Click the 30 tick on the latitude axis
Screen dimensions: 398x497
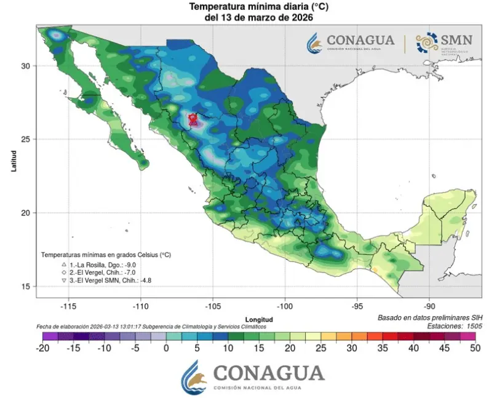pos(27,66)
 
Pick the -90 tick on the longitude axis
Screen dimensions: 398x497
pos(429,306)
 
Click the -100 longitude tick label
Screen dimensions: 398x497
pos(285,306)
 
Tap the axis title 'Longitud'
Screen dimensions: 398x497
pos(258,320)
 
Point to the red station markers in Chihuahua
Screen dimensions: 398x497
pos(193,119)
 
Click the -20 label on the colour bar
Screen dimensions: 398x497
pos(42,348)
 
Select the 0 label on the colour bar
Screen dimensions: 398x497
pos(166,348)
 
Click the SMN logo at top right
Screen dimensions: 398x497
pos(444,41)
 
